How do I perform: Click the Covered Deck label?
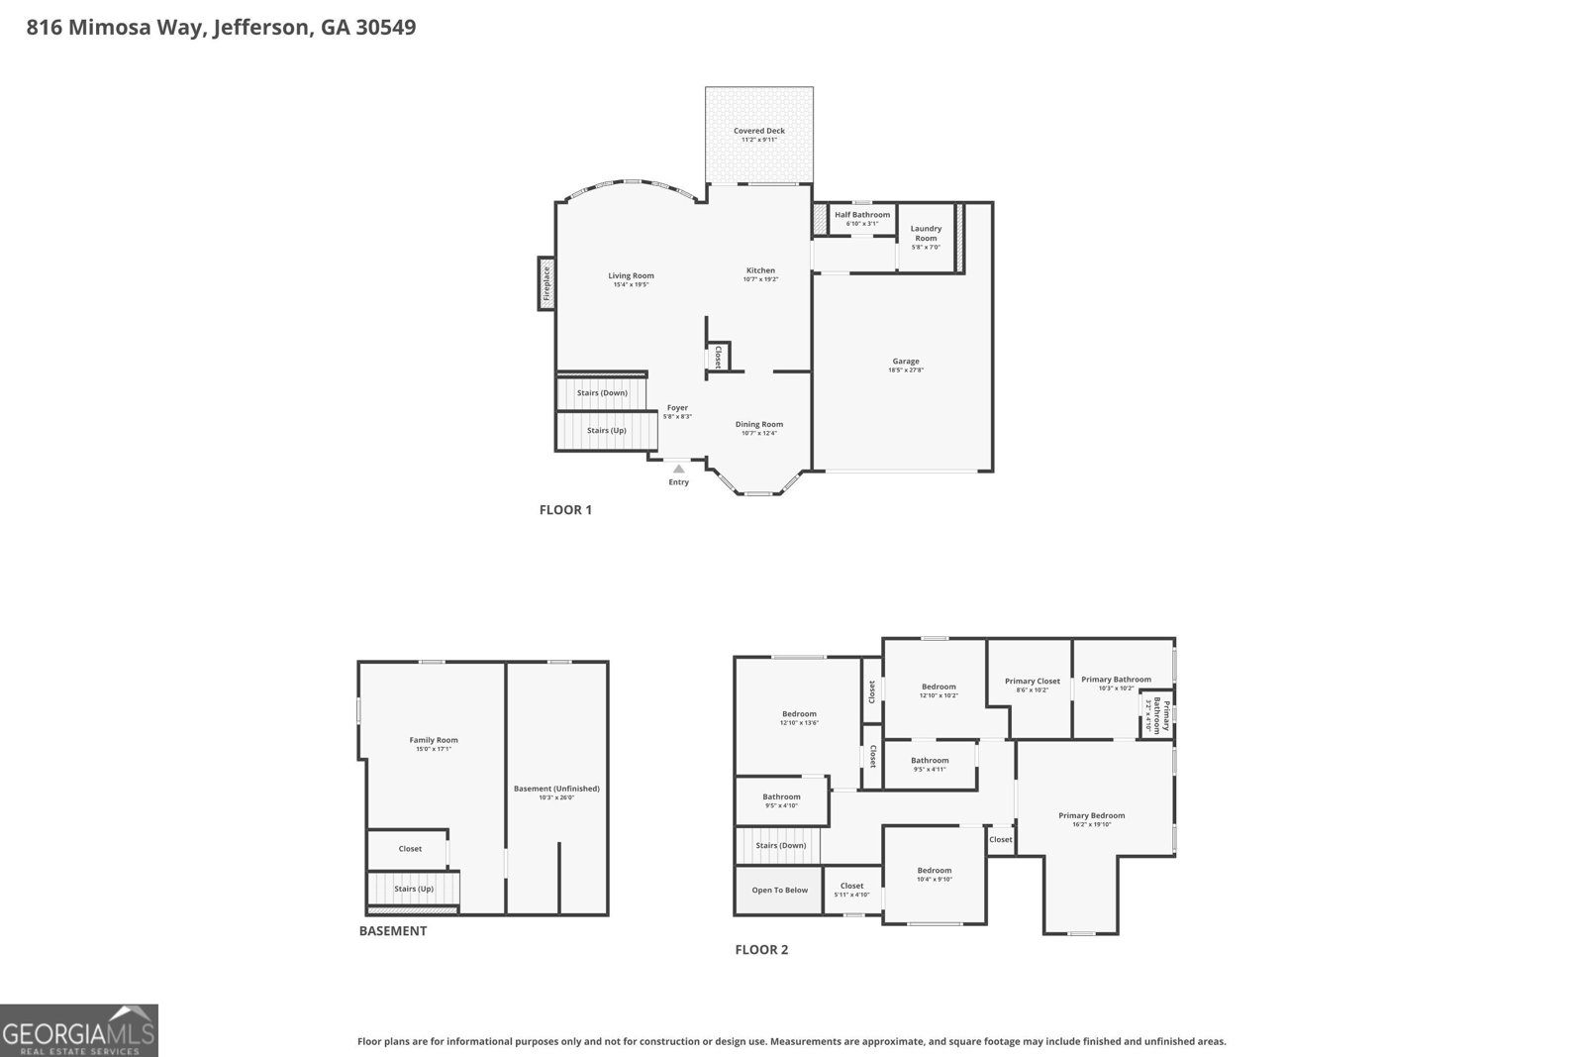759,131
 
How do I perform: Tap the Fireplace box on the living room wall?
545,283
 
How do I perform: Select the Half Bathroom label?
861,215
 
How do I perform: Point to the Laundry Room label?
926,233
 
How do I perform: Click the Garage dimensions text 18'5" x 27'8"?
906,370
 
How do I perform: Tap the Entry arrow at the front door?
678,469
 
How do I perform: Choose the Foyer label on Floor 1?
677,408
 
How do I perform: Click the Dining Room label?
759,424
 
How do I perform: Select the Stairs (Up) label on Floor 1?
606,431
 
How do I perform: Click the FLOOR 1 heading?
565,510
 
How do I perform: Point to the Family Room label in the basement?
434,740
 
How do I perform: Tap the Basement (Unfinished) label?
556,789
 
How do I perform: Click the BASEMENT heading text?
393,931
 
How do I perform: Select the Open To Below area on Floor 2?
779,890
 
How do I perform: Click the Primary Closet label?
1033,681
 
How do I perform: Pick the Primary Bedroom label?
1091,815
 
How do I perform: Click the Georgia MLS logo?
79,1030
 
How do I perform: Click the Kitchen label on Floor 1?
760,270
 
